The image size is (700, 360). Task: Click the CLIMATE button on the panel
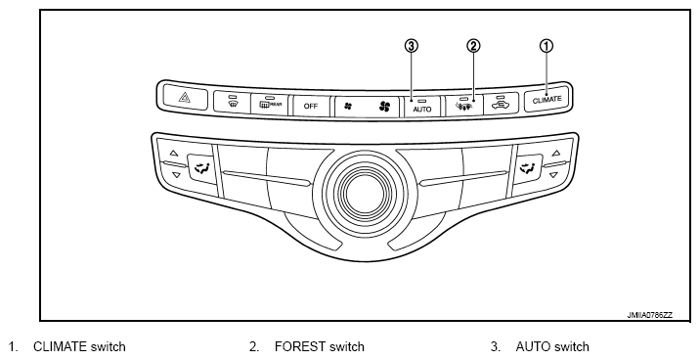click(547, 100)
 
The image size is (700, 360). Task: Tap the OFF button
click(311, 107)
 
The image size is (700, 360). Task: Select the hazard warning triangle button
click(185, 97)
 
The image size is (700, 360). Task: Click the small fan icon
click(348, 107)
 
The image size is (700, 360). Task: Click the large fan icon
click(384, 107)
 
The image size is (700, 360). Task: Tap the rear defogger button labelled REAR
click(269, 105)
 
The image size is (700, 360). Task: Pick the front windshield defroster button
click(232, 103)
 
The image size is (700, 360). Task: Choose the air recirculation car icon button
click(501, 104)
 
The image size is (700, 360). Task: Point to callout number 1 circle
click(547, 46)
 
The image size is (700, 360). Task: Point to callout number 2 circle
click(473, 46)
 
